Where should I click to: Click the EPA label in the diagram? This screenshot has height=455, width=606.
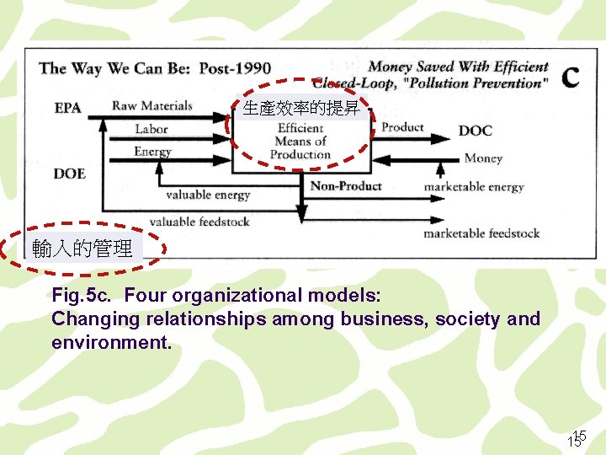click(67, 108)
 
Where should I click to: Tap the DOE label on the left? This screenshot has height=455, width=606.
click(69, 174)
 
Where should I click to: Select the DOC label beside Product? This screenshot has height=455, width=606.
click(476, 131)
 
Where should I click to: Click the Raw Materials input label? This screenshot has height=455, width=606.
click(151, 106)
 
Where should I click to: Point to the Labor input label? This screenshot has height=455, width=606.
click(151, 129)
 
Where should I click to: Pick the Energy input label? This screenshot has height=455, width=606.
click(152, 152)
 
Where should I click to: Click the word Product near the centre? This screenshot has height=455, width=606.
click(402, 127)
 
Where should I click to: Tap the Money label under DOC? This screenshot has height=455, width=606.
click(483, 158)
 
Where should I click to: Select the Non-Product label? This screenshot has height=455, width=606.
click(346, 185)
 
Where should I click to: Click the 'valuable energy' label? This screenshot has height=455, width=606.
click(208, 195)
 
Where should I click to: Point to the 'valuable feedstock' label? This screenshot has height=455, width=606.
click(199, 222)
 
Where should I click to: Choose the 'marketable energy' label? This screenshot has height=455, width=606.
click(473, 186)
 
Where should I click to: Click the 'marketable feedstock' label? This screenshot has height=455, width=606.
click(481, 233)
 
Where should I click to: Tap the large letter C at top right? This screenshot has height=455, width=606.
click(570, 76)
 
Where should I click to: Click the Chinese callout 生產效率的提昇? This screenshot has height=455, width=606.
click(300, 109)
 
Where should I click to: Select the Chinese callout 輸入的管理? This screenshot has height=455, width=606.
click(82, 249)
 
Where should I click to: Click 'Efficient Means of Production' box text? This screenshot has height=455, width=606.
click(300, 142)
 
